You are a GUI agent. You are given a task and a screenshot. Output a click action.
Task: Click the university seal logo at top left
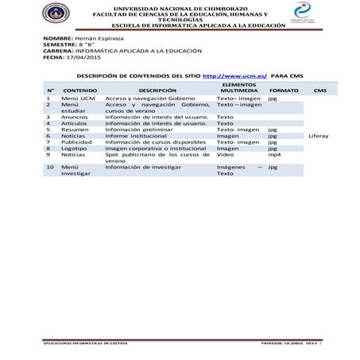56,14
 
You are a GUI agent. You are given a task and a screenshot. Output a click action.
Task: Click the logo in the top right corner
303,12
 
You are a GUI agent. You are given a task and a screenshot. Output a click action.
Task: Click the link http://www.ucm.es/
235,75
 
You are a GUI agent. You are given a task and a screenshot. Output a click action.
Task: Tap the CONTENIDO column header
79,91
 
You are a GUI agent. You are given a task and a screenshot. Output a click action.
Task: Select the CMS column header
319,91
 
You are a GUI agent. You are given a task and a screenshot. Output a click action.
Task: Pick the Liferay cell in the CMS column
319,136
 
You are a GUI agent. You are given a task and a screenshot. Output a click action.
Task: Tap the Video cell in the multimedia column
226,155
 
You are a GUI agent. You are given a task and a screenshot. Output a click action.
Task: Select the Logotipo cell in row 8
75,148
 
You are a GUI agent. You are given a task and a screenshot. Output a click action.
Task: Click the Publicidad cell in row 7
76,141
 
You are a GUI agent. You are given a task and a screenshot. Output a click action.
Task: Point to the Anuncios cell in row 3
75,117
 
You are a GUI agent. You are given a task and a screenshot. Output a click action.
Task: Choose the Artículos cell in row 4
75,123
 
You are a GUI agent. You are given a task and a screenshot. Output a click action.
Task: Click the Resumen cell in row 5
75,130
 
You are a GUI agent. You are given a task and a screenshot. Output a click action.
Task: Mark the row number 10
49,168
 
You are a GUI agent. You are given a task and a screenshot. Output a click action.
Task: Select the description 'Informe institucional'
137,136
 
